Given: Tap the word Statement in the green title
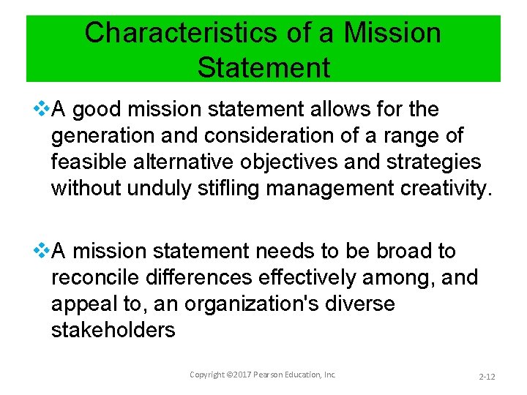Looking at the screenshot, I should click(x=263, y=67).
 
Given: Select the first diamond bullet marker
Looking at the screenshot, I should click(x=42, y=110).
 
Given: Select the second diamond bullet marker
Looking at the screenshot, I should click(x=42, y=251).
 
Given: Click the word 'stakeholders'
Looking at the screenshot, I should click(x=113, y=330).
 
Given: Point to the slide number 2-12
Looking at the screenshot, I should click(x=487, y=376).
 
